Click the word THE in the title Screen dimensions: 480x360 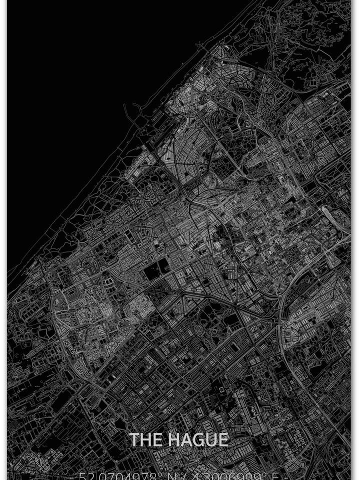146,439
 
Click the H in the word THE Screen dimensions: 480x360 146,439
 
